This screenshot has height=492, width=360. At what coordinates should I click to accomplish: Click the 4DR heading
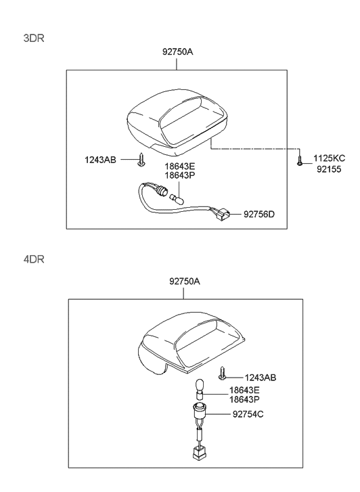click(x=34, y=259)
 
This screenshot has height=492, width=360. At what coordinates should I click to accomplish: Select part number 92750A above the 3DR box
click(x=177, y=51)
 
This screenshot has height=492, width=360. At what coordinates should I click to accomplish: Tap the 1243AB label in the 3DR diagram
click(x=100, y=160)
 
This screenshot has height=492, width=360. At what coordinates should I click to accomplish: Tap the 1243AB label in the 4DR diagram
click(x=261, y=377)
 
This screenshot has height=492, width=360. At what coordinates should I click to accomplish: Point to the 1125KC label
click(x=329, y=158)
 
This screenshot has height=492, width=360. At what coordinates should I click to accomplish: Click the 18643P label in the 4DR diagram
click(x=244, y=399)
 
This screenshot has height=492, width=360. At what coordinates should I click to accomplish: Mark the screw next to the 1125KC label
click(x=299, y=161)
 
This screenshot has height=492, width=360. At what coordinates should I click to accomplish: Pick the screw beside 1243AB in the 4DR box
click(x=223, y=372)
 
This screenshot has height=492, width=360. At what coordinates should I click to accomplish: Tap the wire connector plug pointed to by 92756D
click(x=223, y=215)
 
